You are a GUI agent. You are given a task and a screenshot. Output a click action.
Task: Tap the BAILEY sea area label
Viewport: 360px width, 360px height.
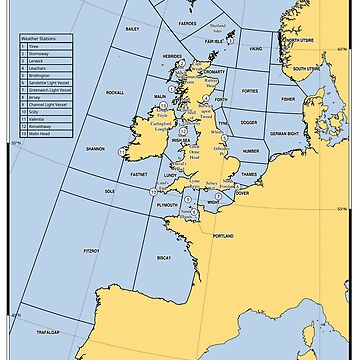[131, 58]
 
